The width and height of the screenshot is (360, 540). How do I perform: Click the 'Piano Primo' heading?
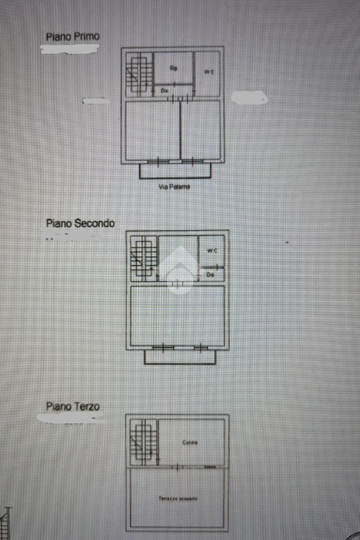[73, 37]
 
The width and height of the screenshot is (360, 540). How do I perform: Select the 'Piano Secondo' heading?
[80, 223]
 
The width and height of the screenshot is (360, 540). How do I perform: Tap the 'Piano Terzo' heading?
[73, 406]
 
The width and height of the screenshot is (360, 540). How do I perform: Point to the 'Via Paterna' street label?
[174, 186]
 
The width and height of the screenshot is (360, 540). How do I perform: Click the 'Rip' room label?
[173, 68]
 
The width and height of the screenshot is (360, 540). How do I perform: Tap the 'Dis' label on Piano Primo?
[164, 91]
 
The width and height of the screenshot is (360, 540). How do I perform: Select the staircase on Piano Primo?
[138, 74]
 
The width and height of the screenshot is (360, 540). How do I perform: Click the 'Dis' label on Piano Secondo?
[210, 274]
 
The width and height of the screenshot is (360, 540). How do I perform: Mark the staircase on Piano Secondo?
[143, 257]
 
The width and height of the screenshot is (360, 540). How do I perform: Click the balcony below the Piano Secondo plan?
[180, 357]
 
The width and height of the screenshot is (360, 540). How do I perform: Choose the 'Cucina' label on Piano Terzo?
[190, 442]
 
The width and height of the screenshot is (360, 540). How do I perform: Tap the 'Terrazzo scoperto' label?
[178, 498]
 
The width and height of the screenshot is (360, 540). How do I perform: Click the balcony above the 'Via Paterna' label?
[175, 170]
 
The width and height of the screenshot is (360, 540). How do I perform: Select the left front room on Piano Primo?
[152, 130]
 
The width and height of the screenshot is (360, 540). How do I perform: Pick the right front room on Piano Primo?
[200, 130]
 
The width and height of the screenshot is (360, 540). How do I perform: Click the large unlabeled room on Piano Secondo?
[178, 315]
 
